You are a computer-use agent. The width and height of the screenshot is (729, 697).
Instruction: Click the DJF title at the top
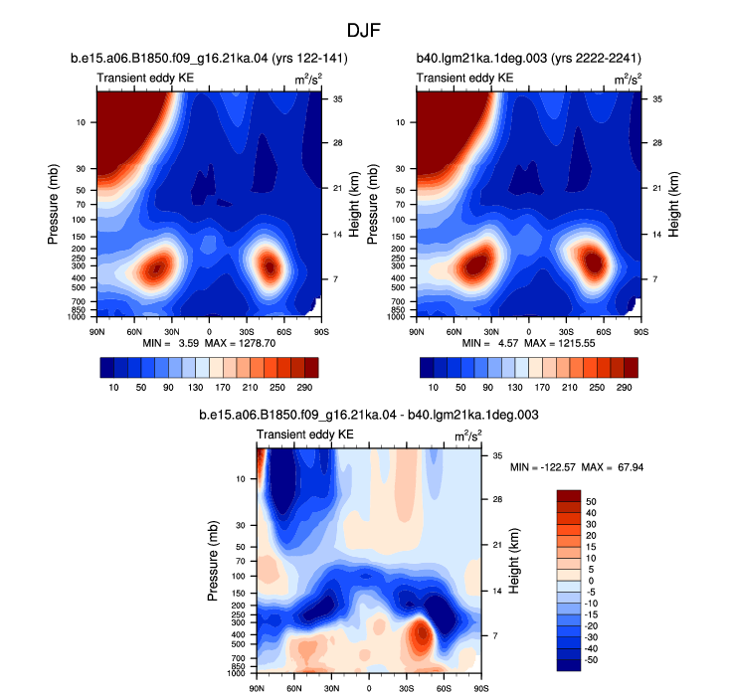(x=364, y=31)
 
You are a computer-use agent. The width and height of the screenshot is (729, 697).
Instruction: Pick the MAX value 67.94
(x=631, y=467)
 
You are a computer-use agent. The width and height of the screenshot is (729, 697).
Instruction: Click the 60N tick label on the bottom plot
(x=293, y=688)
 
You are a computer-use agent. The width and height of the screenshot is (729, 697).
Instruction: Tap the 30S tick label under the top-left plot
(x=247, y=332)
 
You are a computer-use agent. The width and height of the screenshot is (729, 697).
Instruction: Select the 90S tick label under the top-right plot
(x=641, y=332)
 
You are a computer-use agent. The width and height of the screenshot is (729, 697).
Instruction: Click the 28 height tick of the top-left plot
(x=337, y=142)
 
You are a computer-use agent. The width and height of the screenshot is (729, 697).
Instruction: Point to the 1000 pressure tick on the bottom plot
(x=237, y=673)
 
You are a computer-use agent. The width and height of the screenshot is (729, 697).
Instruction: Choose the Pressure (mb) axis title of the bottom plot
(x=213, y=561)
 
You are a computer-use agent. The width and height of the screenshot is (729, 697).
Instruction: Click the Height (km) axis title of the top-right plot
(x=673, y=205)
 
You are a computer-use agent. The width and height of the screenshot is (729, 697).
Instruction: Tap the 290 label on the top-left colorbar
(x=304, y=388)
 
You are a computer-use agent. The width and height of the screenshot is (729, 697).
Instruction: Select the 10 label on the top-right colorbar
(x=433, y=388)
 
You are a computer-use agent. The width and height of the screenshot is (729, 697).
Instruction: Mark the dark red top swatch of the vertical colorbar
(x=569, y=496)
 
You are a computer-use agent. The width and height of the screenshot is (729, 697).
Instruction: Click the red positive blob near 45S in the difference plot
(x=421, y=634)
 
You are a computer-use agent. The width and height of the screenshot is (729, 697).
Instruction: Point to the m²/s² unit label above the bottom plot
(x=467, y=436)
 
